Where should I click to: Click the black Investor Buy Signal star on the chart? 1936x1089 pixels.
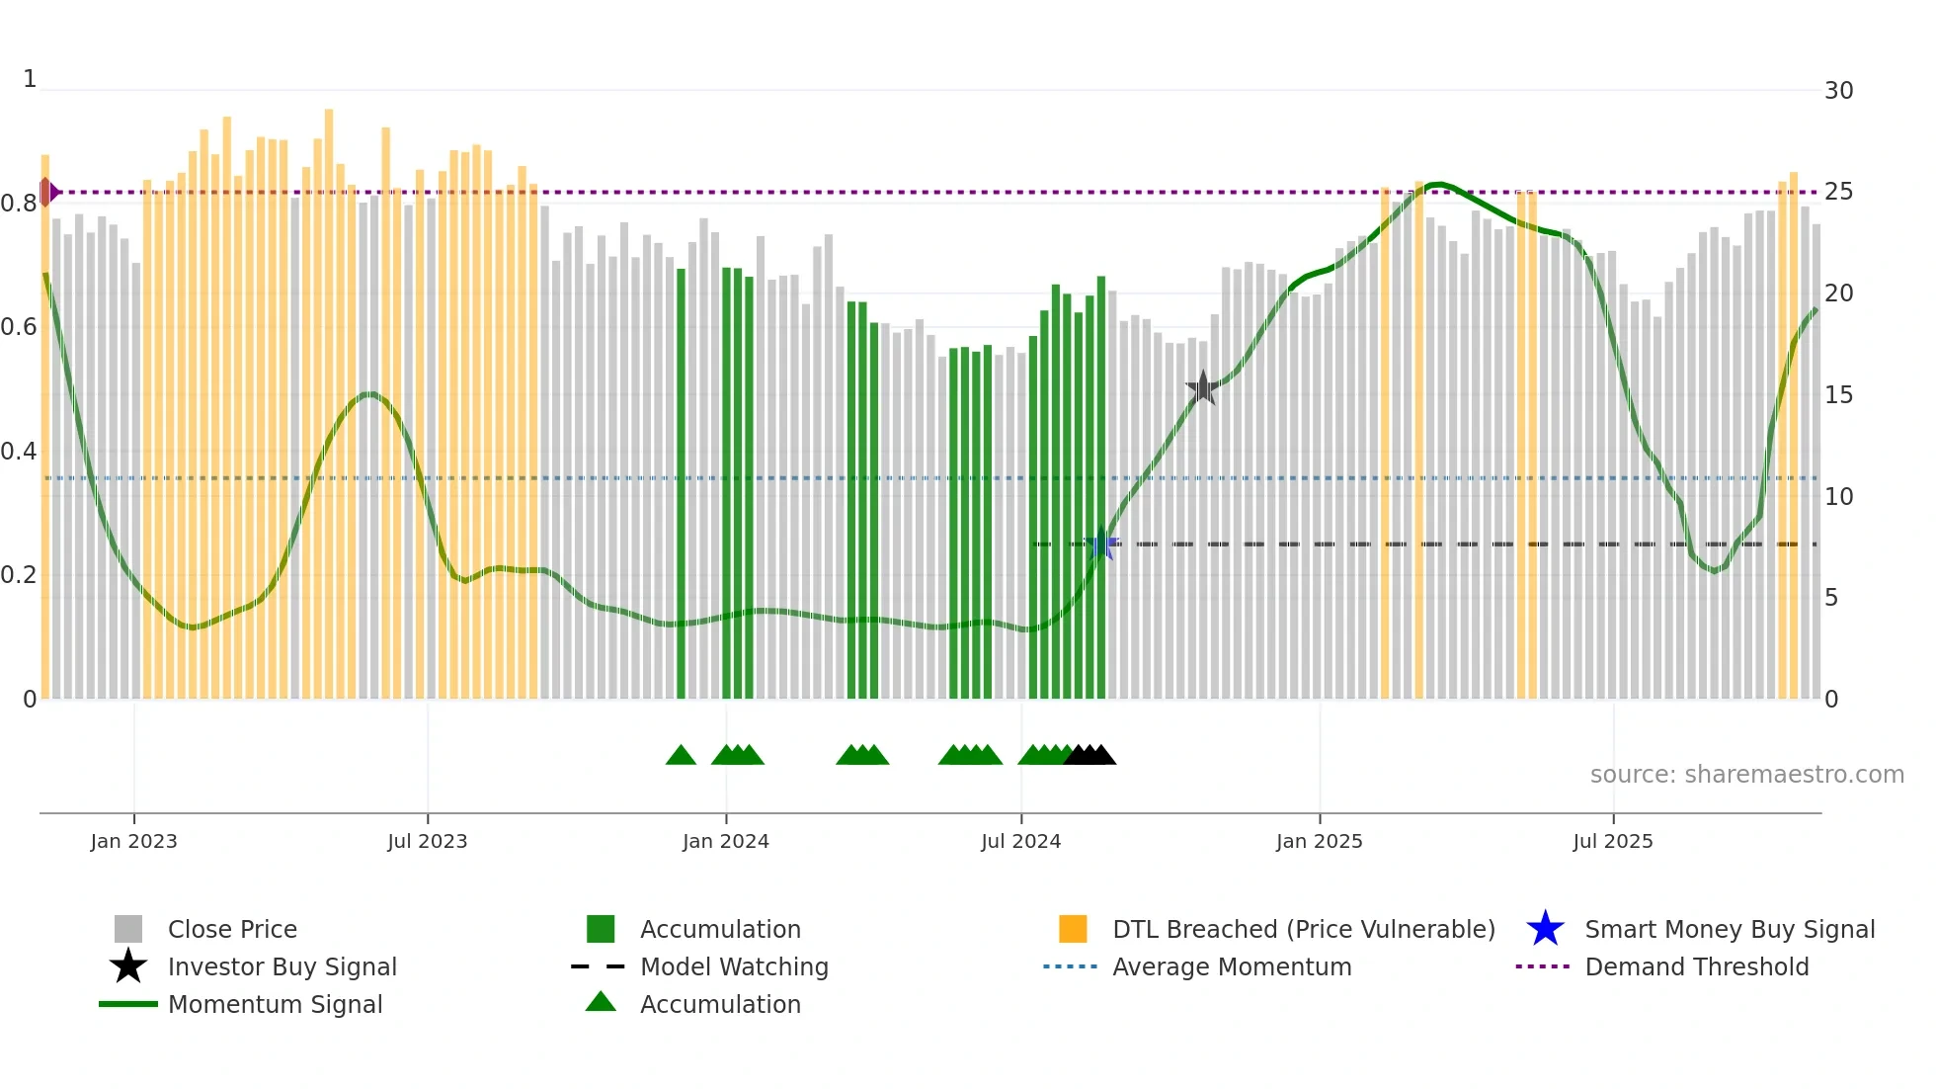1202,388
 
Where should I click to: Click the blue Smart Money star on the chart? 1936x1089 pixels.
1101,544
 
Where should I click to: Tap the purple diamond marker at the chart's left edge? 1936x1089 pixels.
46,192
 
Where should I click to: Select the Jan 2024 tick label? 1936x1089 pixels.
725,841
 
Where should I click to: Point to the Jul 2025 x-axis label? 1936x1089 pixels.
1612,841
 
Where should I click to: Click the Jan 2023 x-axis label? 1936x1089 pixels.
133,841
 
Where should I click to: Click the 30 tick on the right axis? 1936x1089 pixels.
1838,91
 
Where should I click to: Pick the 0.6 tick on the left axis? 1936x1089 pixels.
20,327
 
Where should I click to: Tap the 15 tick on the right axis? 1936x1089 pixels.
1838,395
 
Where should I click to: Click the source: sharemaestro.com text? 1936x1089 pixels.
1746,775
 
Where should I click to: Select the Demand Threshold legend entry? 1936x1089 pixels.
1696,966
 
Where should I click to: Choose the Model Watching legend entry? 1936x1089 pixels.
733,966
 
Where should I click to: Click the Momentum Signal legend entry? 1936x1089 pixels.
275,1004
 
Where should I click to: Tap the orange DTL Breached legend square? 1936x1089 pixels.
1073,929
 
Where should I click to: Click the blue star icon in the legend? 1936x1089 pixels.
1545,929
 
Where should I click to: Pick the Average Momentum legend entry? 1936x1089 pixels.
1231,966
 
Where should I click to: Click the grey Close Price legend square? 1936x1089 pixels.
128,929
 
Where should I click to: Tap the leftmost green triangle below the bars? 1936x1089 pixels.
681,756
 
